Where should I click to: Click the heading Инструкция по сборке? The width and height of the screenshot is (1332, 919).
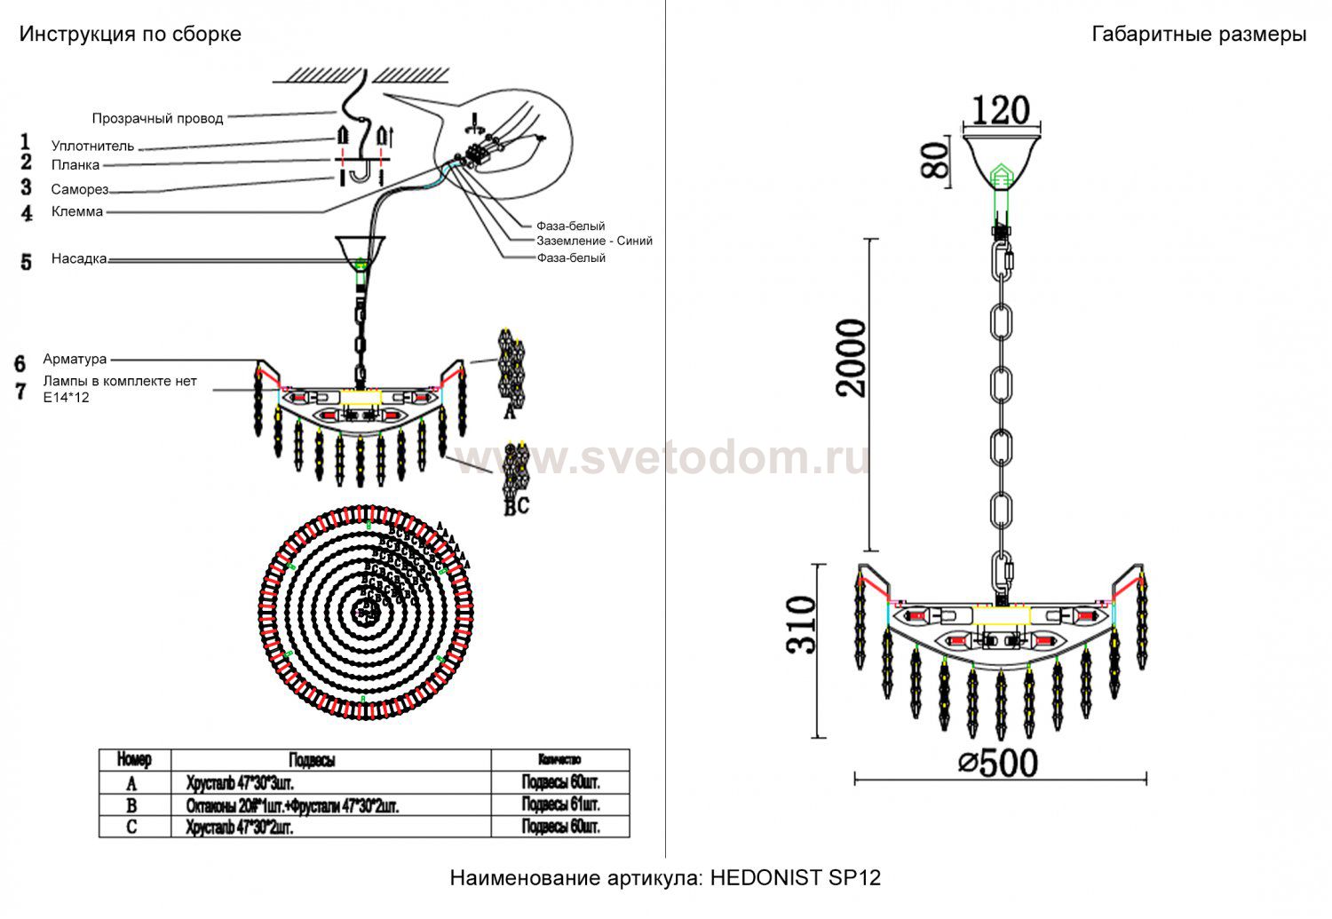131,35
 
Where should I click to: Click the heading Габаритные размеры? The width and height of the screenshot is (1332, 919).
1198,35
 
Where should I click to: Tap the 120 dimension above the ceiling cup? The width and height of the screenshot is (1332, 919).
1001,110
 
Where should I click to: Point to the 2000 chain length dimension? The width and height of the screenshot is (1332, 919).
851,358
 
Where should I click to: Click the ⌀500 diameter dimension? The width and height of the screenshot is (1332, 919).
998,762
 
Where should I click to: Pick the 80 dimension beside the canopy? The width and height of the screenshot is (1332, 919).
936,161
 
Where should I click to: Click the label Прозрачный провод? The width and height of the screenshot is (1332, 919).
158,118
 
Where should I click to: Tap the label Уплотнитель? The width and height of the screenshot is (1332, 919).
92,146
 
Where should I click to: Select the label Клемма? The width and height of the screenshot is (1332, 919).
77,211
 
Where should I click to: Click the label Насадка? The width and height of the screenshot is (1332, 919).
79,259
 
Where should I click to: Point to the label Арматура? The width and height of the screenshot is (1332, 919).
75,359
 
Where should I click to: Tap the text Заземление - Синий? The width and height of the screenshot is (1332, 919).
594,241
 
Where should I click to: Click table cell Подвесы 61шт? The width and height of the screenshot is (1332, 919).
560,804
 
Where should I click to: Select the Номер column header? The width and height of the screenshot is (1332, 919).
134,760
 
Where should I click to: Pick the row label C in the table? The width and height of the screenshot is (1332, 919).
132,828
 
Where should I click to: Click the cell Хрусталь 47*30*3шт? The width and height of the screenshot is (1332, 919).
240,783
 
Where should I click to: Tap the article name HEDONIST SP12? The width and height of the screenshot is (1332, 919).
796,878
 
